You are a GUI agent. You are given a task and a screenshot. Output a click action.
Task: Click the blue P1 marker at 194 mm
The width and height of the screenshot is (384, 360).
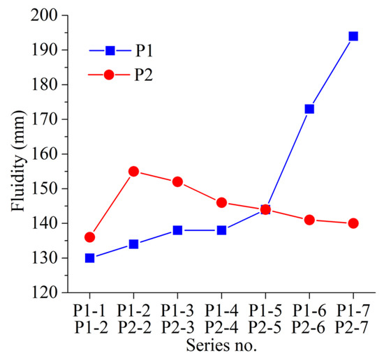coord(353,36)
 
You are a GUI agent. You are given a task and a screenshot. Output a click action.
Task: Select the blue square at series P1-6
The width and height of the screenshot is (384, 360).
coord(309,109)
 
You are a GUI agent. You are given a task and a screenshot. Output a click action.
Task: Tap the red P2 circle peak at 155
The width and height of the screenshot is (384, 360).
coord(133,171)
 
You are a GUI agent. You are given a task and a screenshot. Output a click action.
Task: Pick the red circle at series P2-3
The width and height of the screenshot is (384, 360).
coord(177,181)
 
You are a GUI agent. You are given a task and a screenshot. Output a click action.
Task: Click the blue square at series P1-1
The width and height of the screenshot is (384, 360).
coord(89,258)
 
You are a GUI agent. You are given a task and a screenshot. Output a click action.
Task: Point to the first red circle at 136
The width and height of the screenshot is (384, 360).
coord(89,237)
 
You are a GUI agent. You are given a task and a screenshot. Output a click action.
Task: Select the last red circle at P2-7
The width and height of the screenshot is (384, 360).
coord(353,223)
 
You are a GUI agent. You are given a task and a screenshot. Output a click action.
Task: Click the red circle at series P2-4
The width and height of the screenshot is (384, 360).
coord(221,202)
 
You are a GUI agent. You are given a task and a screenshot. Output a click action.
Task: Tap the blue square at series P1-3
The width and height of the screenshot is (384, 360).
coord(177,230)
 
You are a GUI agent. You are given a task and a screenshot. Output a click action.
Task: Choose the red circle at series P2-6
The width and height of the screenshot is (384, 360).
coord(309,220)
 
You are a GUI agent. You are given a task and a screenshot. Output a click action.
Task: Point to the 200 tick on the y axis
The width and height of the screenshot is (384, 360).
coord(52,15)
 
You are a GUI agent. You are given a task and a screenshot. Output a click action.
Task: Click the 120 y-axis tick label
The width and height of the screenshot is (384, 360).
coord(52,293)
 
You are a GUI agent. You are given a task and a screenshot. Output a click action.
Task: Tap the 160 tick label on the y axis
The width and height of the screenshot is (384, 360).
coord(52,154)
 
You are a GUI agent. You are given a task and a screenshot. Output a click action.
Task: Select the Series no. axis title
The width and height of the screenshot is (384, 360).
coord(221,345)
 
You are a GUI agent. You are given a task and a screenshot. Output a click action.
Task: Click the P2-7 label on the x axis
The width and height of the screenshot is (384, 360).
coord(353,327)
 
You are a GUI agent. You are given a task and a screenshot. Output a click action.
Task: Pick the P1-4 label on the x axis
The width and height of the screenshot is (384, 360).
coord(221,311)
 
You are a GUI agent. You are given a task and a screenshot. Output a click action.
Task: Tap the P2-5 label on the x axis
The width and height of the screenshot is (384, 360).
coord(265,327)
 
